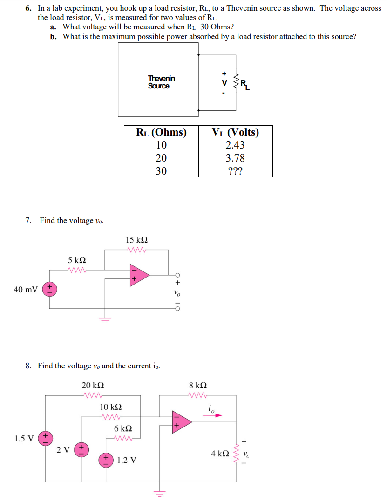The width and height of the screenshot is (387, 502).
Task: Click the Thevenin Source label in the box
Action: click(x=161, y=82)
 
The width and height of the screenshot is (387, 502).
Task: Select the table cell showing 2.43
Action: click(x=235, y=145)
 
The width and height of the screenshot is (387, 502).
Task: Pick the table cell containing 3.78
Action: click(x=235, y=158)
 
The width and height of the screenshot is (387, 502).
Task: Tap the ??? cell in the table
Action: click(x=235, y=171)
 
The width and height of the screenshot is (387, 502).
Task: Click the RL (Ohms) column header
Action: click(x=161, y=132)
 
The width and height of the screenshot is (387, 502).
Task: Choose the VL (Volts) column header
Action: click(x=235, y=132)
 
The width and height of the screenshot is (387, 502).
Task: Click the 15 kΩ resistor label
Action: click(x=137, y=240)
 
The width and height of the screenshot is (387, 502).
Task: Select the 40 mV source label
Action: click(x=25, y=290)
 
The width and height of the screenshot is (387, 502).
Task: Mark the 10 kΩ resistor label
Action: click(x=111, y=407)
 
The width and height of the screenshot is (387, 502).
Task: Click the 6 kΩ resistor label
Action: click(x=123, y=428)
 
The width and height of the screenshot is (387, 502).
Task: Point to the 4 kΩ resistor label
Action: click(x=219, y=453)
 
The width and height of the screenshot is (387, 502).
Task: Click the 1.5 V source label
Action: click(x=24, y=438)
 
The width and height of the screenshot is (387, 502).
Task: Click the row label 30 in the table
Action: click(x=161, y=171)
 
